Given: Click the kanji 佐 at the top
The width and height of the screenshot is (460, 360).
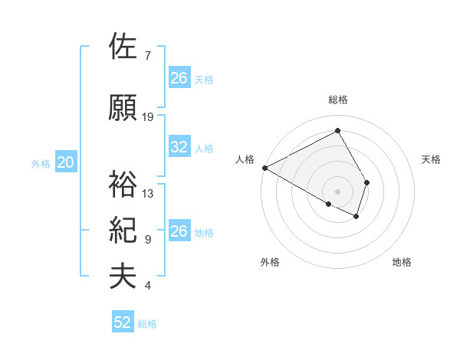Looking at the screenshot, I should pyautogui.click(x=123, y=47).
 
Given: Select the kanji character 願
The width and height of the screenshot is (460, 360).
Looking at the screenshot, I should pyautogui.click(x=123, y=107).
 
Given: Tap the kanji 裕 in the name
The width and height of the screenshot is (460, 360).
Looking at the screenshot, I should pyautogui.click(x=123, y=183).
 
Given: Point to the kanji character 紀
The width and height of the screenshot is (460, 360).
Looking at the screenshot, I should pyautogui.click(x=123, y=230).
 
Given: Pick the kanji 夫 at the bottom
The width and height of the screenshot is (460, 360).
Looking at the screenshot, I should pyautogui.click(x=123, y=277).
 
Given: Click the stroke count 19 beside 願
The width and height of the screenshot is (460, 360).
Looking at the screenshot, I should pyautogui.click(x=148, y=117).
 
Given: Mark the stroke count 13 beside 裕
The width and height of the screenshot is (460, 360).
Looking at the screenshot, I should pyautogui.click(x=148, y=194).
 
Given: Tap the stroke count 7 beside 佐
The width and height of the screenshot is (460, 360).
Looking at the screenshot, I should pyautogui.click(x=147, y=56).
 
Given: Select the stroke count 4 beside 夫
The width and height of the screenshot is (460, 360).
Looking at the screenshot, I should pyautogui.click(x=147, y=286).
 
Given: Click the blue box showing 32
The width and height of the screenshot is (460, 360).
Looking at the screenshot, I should pyautogui.click(x=179, y=147).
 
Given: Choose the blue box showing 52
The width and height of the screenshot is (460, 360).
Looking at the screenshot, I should pyautogui.click(x=123, y=322).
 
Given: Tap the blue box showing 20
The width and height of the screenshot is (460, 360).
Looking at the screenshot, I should pyautogui.click(x=66, y=162).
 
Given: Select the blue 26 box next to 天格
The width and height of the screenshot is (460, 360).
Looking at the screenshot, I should pyautogui.click(x=179, y=77).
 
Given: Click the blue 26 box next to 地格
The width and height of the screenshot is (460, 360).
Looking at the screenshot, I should pyautogui.click(x=179, y=231).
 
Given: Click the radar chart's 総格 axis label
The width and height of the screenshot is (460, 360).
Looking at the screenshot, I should pyautogui.click(x=337, y=100).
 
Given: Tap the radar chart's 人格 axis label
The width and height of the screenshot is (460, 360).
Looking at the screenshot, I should pyautogui.click(x=245, y=159).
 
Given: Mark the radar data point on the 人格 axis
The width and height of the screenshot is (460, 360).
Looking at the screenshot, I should pyautogui.click(x=264, y=168).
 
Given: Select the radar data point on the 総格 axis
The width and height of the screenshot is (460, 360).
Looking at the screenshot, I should pyautogui.click(x=337, y=131).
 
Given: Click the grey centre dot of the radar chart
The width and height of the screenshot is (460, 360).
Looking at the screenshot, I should pyautogui.click(x=337, y=190).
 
